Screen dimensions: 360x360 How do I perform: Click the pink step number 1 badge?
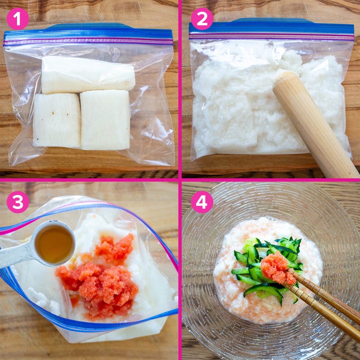click(17, 19)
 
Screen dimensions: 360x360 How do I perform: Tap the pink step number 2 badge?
click(202, 19)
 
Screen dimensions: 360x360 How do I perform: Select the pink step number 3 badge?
click(17, 202)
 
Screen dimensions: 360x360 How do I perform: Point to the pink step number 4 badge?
click(202, 202)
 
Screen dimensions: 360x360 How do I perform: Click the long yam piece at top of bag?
click(88, 74)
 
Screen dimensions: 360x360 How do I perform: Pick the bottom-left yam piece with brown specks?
click(57, 120)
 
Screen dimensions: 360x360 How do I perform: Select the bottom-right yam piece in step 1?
click(105, 120)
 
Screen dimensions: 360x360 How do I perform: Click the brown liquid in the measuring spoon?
click(54, 244)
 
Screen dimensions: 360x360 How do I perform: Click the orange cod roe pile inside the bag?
click(98, 275)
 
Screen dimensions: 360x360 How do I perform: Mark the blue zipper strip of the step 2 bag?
click(271, 27)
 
